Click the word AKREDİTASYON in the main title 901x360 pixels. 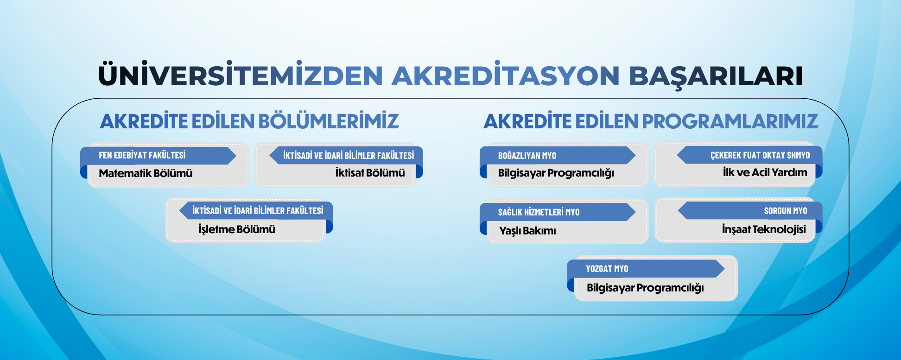[506, 76]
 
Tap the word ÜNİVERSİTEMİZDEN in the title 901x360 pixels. [241, 76]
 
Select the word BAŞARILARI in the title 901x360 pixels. [716, 76]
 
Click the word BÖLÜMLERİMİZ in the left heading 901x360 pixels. [328, 121]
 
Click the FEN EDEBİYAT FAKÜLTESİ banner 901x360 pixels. [142, 155]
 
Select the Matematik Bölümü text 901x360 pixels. [146, 173]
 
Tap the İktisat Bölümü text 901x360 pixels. [370, 173]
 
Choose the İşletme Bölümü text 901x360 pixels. [236, 229]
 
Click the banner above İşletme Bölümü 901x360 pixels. [258, 211]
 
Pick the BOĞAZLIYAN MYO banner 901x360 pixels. [527, 156]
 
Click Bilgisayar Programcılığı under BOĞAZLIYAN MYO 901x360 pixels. [556, 173]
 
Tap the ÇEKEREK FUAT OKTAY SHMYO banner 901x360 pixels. [760, 155]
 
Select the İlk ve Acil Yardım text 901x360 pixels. [765, 172]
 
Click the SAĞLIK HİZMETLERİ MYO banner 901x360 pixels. [539, 212]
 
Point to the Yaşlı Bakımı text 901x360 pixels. [527, 231]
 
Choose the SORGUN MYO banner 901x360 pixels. [785, 211]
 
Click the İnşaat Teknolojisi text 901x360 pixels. [763, 229]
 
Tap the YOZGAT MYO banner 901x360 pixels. [607, 269]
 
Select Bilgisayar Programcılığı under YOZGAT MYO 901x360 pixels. [645, 288]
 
